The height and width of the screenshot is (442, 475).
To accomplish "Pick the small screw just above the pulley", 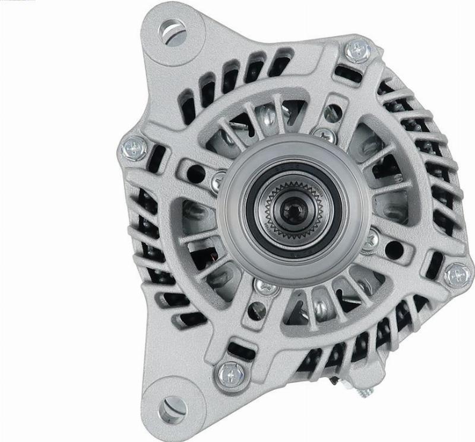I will click(324, 135).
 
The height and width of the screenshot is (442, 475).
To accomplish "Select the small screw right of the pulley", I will click(370, 239).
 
